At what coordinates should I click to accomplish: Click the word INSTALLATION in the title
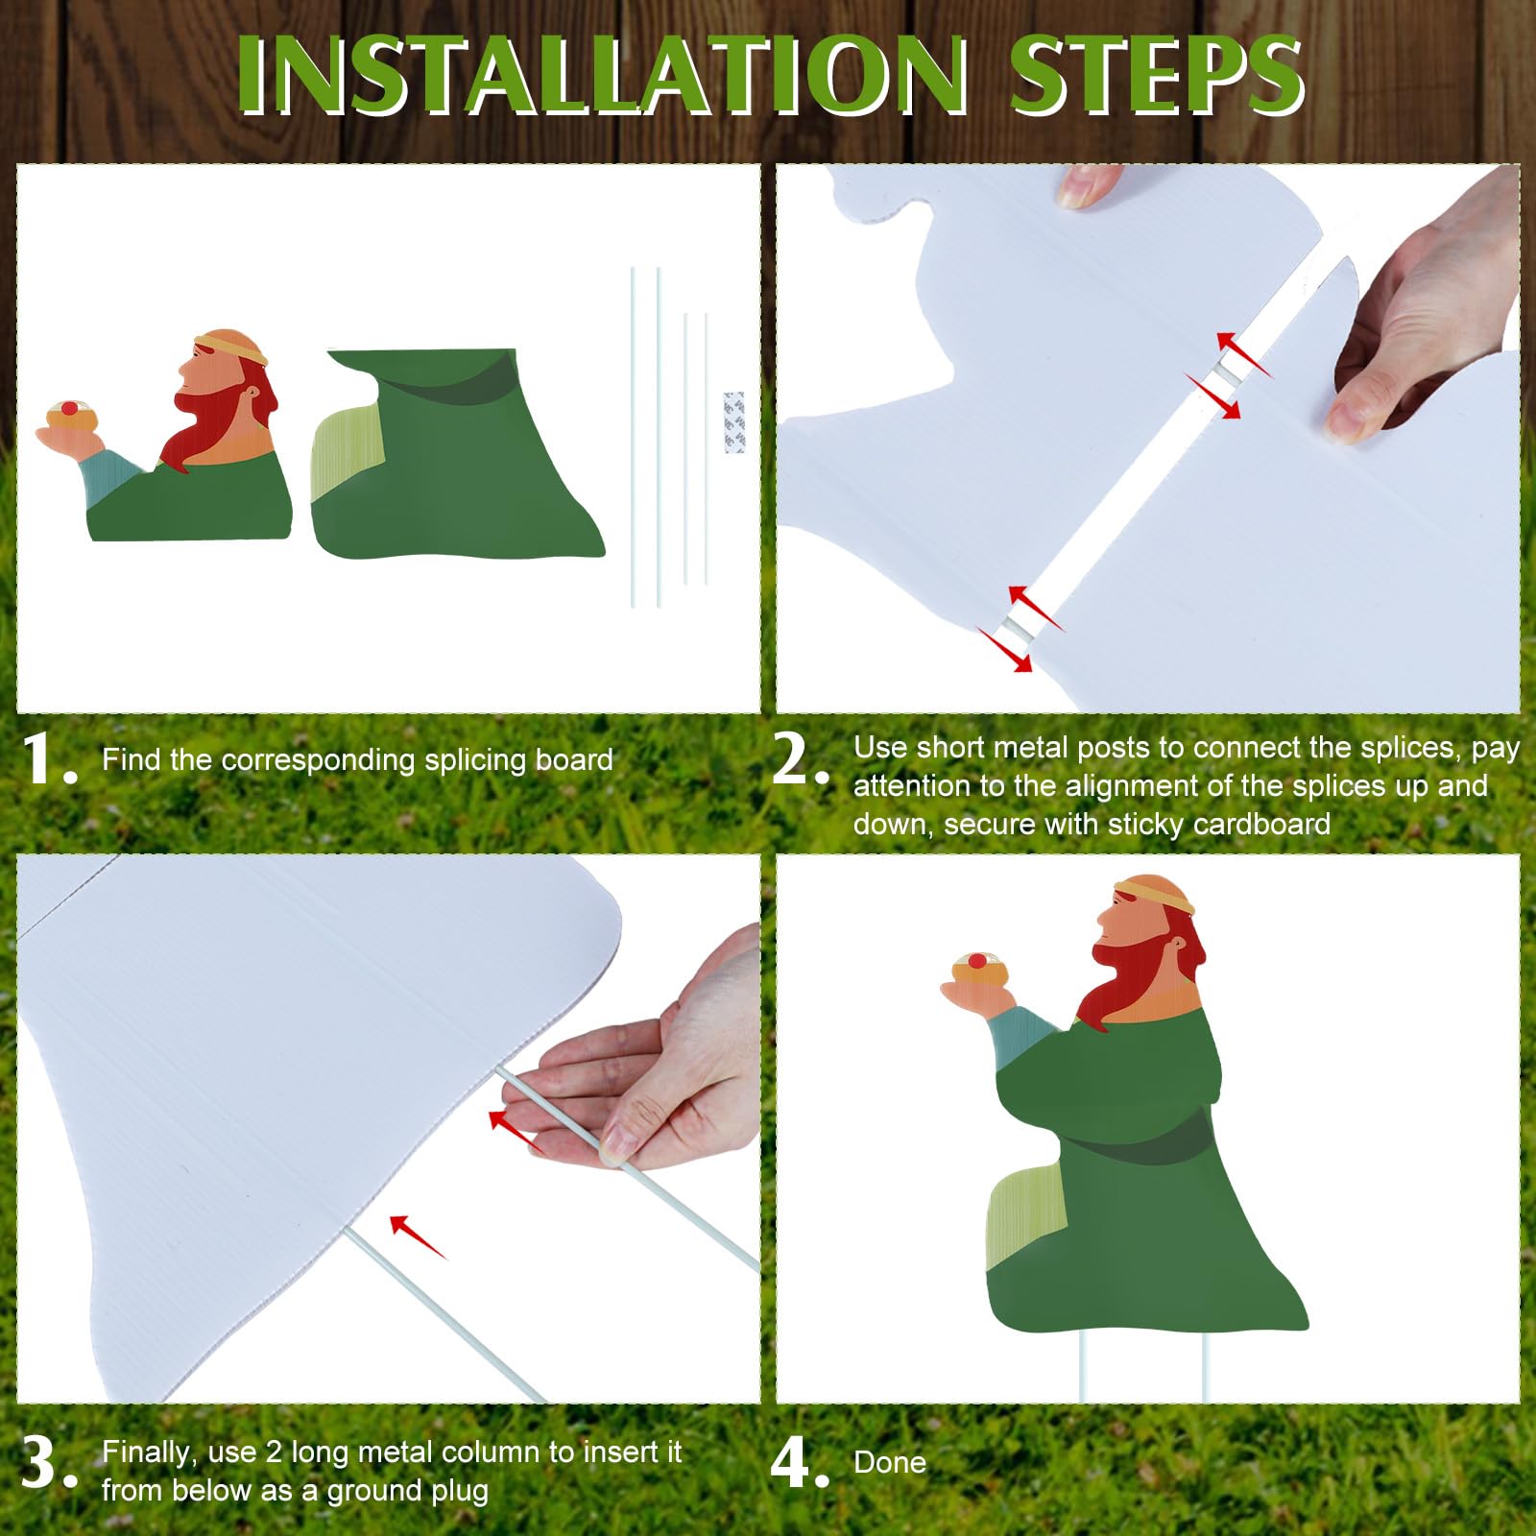[x=603, y=77]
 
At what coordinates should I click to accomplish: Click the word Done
[x=890, y=1462]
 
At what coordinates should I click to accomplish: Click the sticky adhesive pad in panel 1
[x=733, y=421]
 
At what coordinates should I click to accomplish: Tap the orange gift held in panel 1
[x=69, y=416]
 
